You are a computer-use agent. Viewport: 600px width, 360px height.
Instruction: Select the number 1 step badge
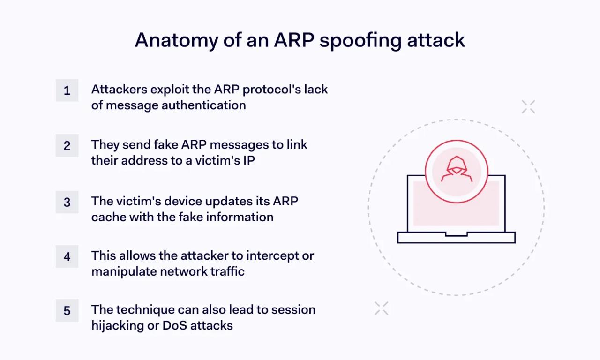(x=67, y=90)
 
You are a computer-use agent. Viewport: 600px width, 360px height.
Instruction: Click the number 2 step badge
(x=67, y=145)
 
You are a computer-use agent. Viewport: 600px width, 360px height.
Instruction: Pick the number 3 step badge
(x=67, y=202)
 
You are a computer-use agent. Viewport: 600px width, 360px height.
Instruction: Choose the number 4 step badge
(x=67, y=256)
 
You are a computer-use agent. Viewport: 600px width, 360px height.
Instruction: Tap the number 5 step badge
(x=67, y=311)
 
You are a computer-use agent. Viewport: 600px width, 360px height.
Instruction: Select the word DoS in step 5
(x=174, y=326)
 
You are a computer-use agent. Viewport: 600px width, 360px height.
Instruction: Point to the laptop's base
(x=456, y=238)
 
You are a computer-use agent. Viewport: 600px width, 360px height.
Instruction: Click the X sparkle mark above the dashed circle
(x=528, y=107)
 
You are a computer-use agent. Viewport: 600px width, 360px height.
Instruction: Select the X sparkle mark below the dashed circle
(x=381, y=308)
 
